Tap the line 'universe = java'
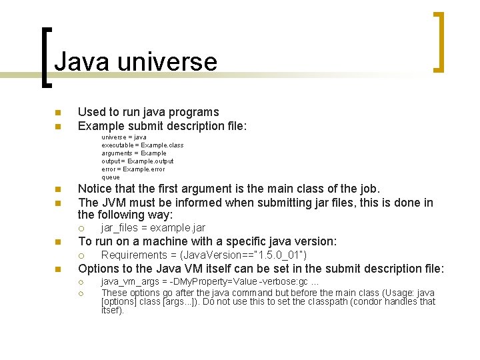pos(124,137)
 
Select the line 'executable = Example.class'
pos(142,145)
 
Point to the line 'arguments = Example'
pos(134,153)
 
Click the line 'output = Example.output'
pos(137,161)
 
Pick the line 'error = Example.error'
pos(133,169)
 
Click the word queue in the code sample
pos(111,177)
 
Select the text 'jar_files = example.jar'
pos(153,228)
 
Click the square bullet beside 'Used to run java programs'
pos(58,112)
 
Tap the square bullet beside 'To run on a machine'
pos(58,242)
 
